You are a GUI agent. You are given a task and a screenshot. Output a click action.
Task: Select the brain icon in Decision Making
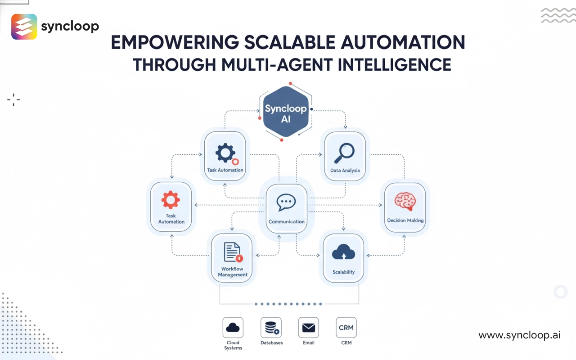[405, 201]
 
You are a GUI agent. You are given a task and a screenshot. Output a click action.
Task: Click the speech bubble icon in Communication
[286, 203]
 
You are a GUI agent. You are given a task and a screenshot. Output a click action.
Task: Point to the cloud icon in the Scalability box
[343, 253]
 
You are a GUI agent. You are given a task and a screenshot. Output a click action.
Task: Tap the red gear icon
[171, 199]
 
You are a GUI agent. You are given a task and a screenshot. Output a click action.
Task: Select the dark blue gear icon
[225, 153]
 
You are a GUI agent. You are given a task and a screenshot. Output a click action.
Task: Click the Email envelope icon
[309, 328]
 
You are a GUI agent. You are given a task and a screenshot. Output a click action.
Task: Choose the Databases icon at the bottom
[271, 328]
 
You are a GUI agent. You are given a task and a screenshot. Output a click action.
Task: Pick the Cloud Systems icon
[233, 328]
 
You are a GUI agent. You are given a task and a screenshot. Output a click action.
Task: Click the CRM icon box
[346, 328]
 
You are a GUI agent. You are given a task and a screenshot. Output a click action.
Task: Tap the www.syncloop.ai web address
[519, 335]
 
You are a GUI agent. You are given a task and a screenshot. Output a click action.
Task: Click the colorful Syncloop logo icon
[24, 27]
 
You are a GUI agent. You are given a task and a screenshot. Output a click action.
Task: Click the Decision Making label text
[405, 220]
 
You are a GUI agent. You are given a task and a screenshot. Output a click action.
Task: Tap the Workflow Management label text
[233, 272]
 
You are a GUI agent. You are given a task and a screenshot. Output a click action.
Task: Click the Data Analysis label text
[345, 171]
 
